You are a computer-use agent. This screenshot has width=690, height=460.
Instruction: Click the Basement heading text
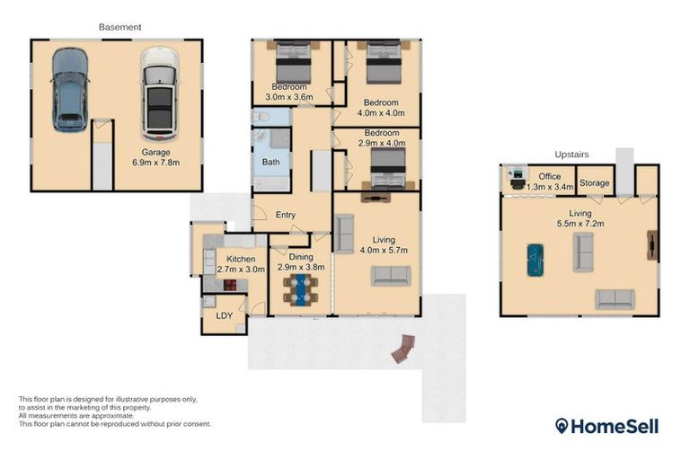click(x=119, y=28)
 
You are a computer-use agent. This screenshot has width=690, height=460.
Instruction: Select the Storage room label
click(x=595, y=183)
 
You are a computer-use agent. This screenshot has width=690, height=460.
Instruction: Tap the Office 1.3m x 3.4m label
click(x=549, y=182)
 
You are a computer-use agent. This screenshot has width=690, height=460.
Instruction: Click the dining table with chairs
click(x=301, y=289)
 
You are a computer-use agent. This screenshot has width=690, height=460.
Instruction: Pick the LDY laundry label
click(x=223, y=316)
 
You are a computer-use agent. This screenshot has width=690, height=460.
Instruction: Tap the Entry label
click(x=286, y=215)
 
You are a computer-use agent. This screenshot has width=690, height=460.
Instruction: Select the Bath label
click(x=270, y=163)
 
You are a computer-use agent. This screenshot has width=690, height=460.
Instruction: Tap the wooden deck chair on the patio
click(x=403, y=349)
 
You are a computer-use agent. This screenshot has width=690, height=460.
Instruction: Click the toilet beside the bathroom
click(x=260, y=117)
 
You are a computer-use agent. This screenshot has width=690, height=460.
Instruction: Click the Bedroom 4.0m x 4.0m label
click(x=381, y=109)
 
